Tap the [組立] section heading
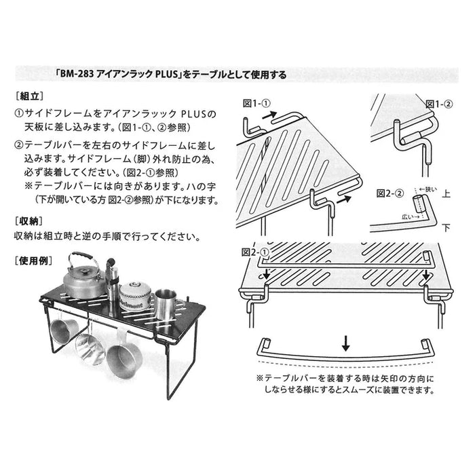pyautogui.click(x=30, y=97)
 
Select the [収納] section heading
pyautogui.click(x=30, y=221)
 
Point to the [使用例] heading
pyautogui.click(x=35, y=260)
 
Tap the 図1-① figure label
pyautogui.click(x=256, y=104)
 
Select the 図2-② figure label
pyautogui.click(x=390, y=192)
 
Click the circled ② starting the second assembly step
pyautogui.click(x=19, y=145)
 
